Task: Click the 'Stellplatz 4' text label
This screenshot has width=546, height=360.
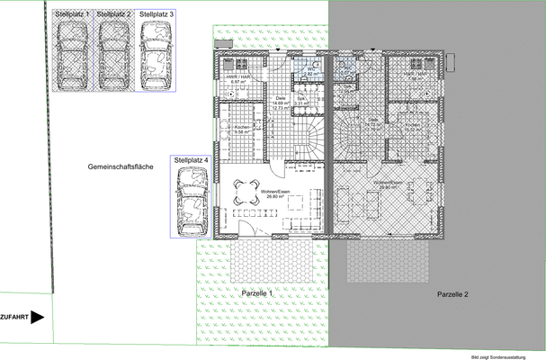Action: point(191,159)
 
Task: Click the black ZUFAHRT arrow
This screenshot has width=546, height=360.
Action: point(38,317)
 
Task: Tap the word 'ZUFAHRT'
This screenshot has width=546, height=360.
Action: point(14,317)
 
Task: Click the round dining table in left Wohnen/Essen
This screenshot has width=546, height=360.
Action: point(246,191)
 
